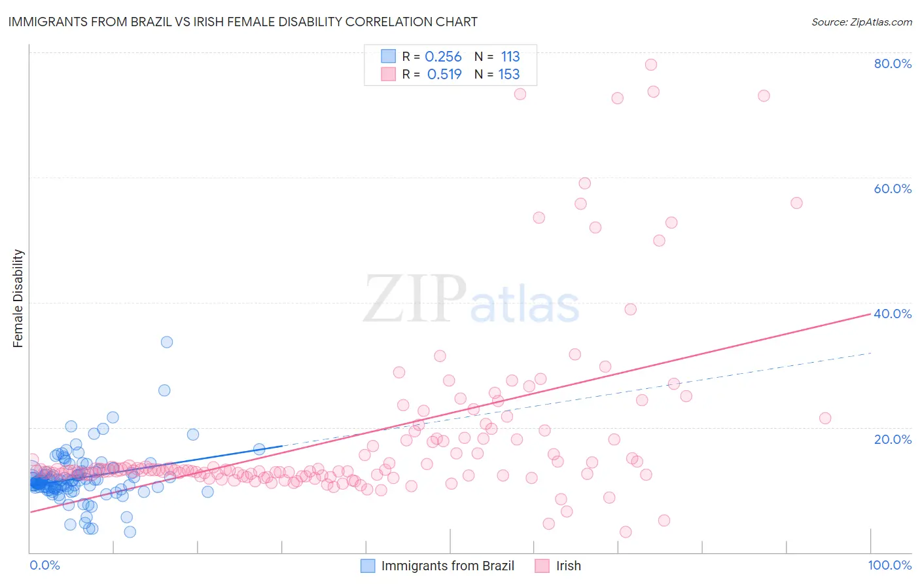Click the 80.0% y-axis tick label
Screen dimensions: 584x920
coord(893,64)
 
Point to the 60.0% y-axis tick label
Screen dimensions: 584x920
coord(893,189)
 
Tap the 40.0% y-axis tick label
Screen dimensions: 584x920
coord(893,314)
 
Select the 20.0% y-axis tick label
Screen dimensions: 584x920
coord(893,439)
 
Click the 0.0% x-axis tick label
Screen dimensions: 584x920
coord(44,565)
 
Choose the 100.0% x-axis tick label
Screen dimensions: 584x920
coord(889,565)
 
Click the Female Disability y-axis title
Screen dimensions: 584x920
coord(18,298)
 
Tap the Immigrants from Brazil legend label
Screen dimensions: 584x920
coord(448,566)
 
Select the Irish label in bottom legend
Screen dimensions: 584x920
coord(568,566)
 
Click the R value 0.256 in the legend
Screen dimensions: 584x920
coord(443,57)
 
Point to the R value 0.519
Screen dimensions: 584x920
coord(444,75)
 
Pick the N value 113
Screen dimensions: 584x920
coord(510,57)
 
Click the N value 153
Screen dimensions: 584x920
coord(509,75)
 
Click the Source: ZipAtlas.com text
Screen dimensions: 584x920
coord(861,22)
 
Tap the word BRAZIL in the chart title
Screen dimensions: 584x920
coord(152,22)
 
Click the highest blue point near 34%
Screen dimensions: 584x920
coord(167,342)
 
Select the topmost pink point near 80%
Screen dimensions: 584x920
coord(650,64)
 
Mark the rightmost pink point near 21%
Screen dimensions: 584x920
coord(825,418)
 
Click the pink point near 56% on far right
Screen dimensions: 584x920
coord(796,203)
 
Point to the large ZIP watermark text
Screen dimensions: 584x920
coord(415,299)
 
